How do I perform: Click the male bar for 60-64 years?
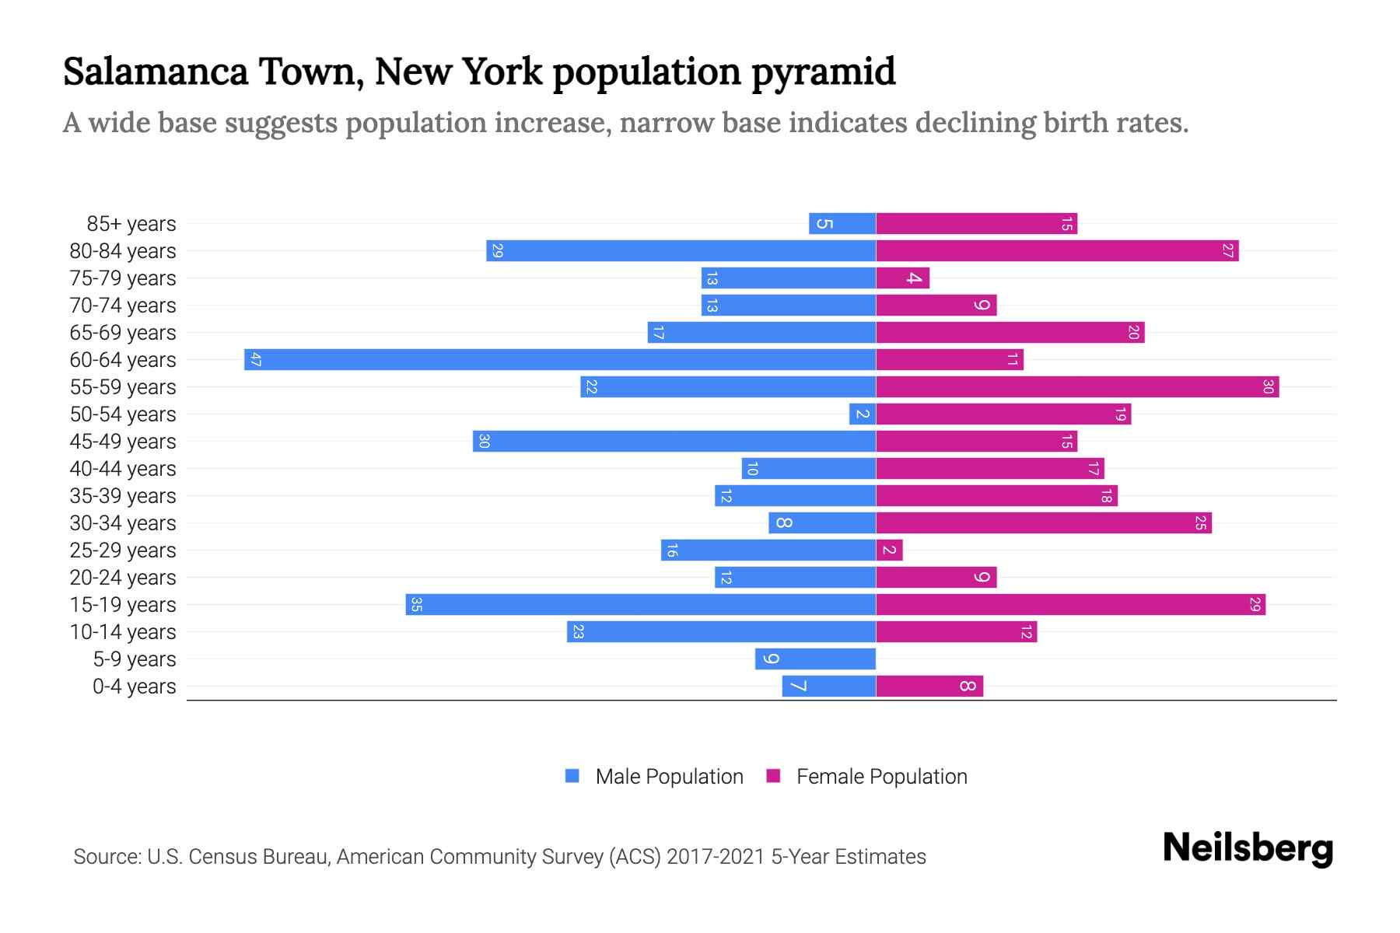(560, 359)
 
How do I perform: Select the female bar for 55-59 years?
(1077, 386)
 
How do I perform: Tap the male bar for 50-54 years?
(863, 414)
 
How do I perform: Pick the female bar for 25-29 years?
(889, 550)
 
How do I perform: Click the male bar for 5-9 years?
(815, 659)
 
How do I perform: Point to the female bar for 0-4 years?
(929, 686)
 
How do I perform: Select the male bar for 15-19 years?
(640, 604)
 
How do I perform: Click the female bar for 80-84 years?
(1057, 250)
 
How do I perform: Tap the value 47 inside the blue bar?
(255, 359)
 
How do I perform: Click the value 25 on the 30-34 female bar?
(1200, 522)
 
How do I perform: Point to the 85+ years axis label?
(131, 224)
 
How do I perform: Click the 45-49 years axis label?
(123, 442)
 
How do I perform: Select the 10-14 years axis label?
(123, 632)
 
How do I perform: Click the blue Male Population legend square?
(572, 776)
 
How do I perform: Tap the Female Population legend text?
(881, 776)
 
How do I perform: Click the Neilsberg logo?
(1248, 848)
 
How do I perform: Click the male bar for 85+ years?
(842, 223)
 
